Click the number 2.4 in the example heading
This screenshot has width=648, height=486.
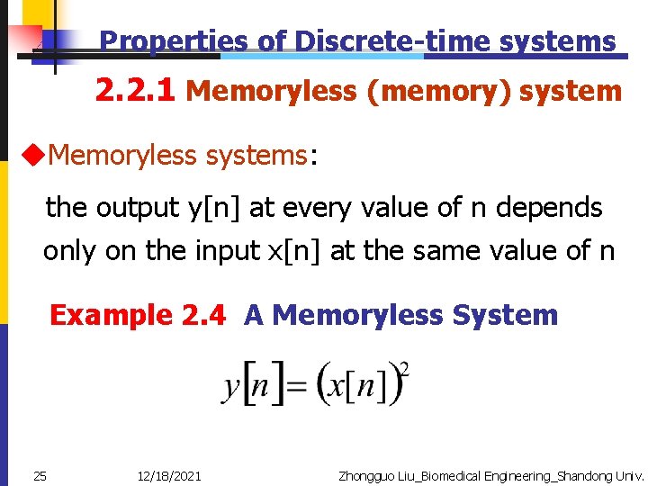point(203,315)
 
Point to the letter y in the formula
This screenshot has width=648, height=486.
point(232,388)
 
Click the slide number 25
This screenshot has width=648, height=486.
point(40,475)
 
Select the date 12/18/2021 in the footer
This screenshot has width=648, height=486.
point(170,475)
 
